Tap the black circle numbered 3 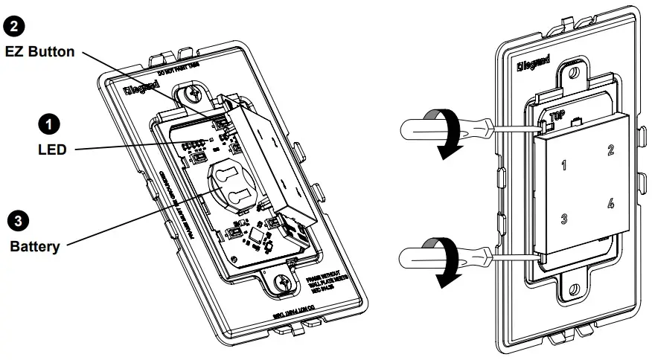click(16, 219)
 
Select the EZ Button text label click(39, 51)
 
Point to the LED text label click(52, 150)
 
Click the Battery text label click(34, 246)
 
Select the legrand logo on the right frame click(533, 66)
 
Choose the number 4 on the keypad click(611, 203)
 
